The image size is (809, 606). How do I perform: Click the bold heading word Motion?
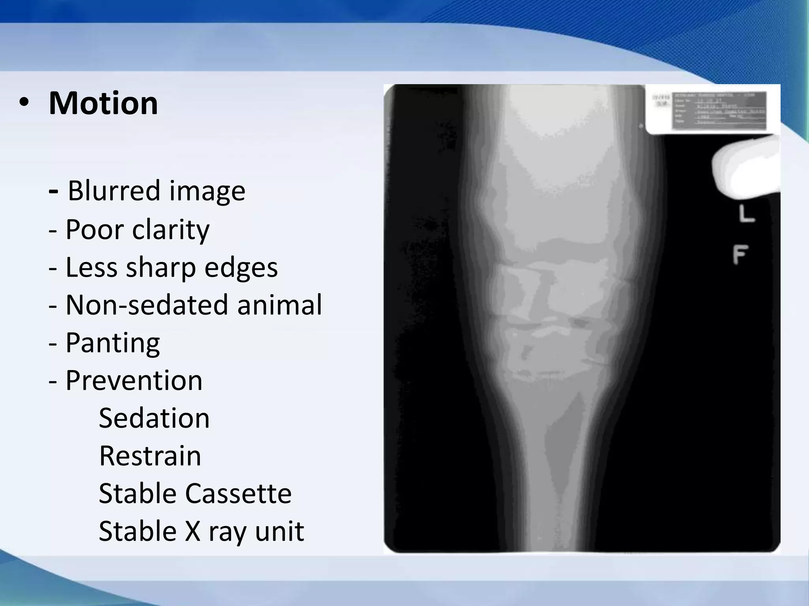click(x=103, y=103)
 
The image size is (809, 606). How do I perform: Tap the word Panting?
click(x=113, y=343)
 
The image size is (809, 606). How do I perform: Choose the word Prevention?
click(x=134, y=381)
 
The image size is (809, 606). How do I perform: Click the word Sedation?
click(x=154, y=418)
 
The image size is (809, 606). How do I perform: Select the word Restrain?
click(x=150, y=456)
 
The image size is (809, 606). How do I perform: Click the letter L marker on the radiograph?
click(x=746, y=214)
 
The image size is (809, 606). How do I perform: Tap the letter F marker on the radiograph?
click(x=740, y=254)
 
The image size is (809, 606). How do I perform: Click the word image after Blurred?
click(x=207, y=191)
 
